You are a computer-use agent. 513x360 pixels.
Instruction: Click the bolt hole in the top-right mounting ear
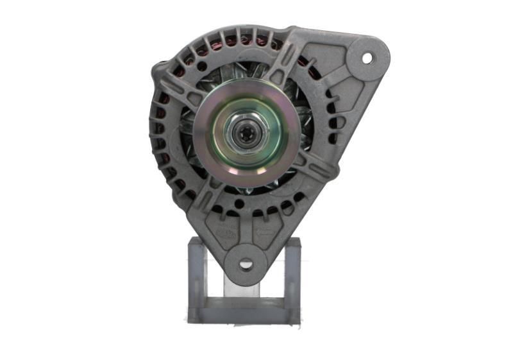[x=367, y=58]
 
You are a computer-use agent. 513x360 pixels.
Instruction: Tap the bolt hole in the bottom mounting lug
[x=247, y=263]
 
